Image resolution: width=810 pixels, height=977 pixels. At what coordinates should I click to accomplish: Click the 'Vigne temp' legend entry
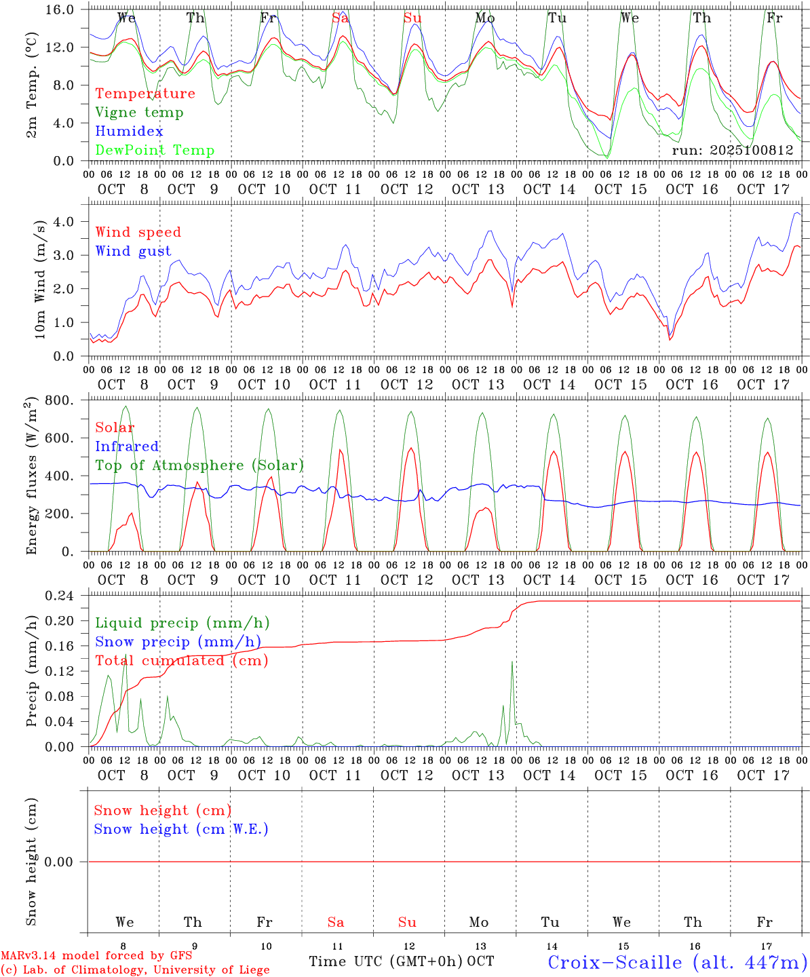139,113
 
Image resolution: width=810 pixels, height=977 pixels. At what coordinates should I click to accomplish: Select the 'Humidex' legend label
129,132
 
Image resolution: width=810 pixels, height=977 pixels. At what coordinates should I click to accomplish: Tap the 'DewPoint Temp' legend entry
155,151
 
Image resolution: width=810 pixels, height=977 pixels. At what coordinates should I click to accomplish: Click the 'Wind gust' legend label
133,251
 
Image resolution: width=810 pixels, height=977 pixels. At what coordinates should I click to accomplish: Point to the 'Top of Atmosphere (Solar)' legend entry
199,465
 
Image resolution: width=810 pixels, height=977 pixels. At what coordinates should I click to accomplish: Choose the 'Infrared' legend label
127,446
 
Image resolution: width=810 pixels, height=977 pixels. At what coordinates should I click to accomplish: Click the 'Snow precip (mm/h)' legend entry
178,642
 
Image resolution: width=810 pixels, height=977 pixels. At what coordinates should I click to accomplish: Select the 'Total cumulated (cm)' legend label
181,661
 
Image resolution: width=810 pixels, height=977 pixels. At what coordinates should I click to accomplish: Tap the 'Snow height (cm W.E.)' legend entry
180,829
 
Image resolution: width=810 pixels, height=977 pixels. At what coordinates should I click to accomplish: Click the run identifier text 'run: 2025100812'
732,151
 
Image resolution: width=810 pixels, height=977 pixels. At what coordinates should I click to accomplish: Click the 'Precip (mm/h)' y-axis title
31,671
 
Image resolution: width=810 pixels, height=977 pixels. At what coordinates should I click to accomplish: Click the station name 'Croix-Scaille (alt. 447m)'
677,962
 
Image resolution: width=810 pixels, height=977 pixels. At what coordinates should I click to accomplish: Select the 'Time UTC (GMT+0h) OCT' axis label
401,961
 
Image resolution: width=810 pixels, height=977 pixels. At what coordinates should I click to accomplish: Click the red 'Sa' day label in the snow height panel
335,922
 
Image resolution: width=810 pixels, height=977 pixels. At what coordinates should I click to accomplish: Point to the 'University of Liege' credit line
136,970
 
